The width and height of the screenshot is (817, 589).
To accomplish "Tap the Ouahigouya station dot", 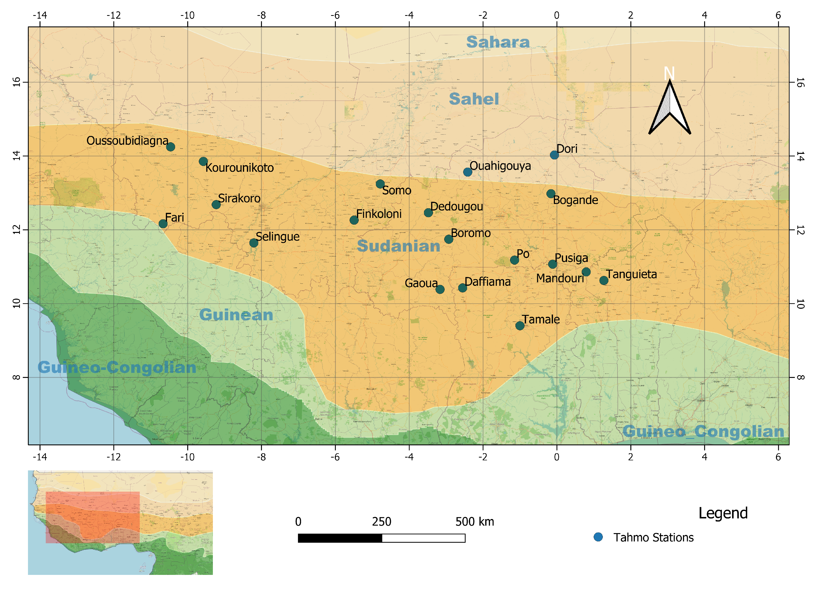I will (x=467, y=172).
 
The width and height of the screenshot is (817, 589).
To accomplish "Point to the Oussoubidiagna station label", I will (x=127, y=141).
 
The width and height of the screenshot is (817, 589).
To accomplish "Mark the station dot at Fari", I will (x=163, y=224).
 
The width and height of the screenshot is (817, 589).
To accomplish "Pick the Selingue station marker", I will (x=254, y=243).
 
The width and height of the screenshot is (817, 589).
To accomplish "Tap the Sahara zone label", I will (x=498, y=42).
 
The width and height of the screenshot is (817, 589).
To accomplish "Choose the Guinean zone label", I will (x=236, y=315).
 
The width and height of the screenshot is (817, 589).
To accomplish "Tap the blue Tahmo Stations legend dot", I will (x=598, y=537).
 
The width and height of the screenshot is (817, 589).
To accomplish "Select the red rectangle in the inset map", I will (x=92, y=517).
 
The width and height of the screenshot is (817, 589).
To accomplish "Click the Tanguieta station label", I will (x=631, y=274).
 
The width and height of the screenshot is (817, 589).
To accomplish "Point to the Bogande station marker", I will (x=550, y=194).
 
